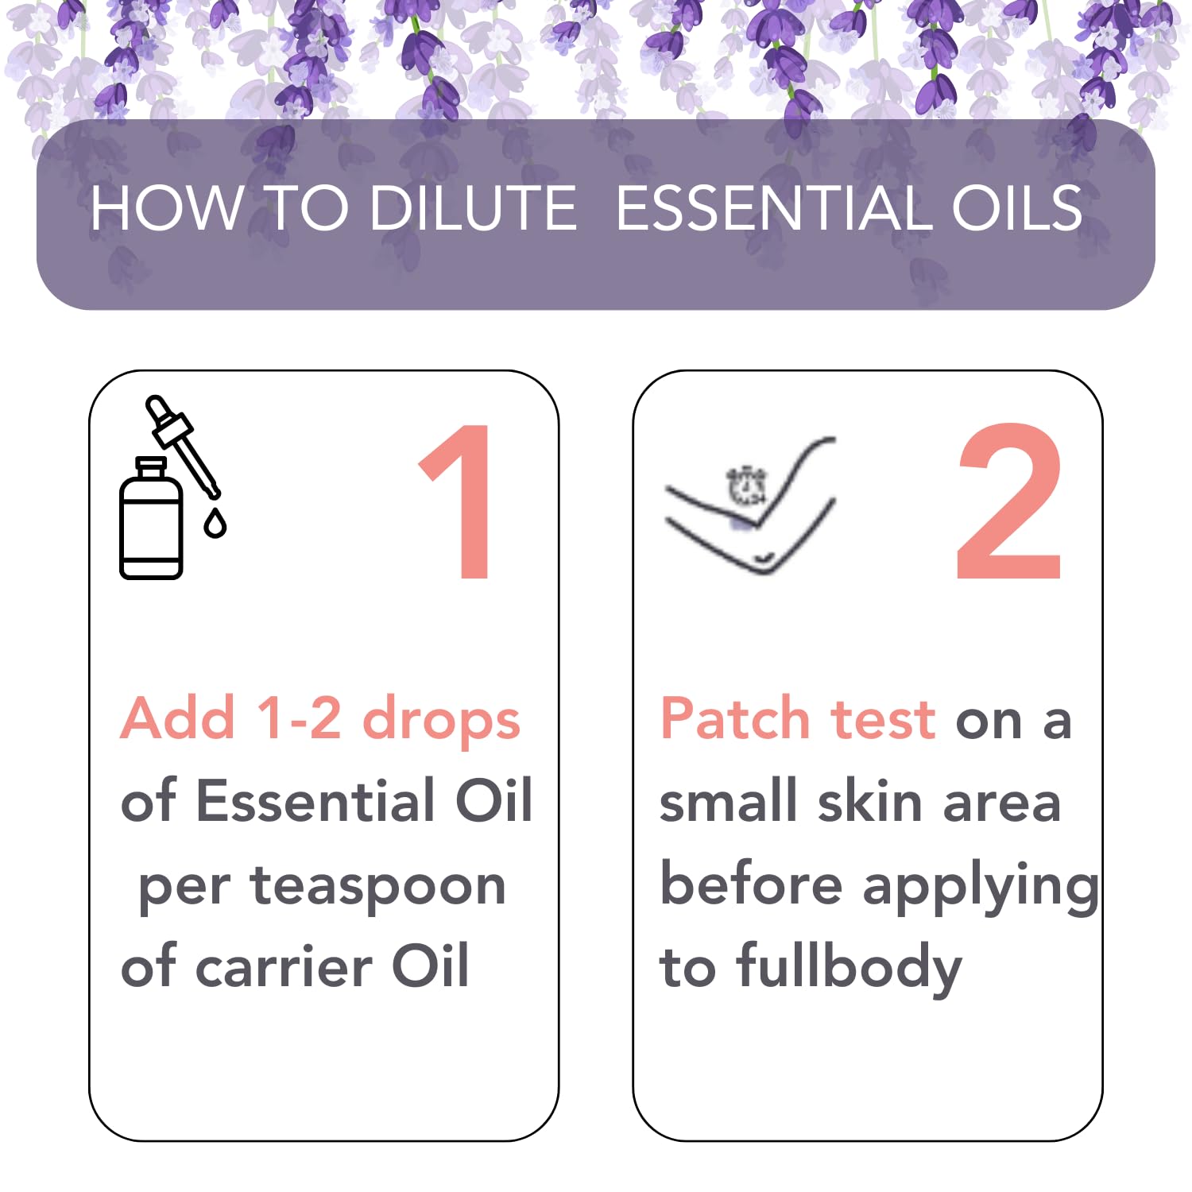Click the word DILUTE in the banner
tap(474, 208)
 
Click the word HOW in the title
tap(164, 208)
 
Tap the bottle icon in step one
tap(151, 521)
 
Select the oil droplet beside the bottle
tap(215, 524)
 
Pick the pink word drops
tap(441, 719)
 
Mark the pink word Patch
tap(734, 718)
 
